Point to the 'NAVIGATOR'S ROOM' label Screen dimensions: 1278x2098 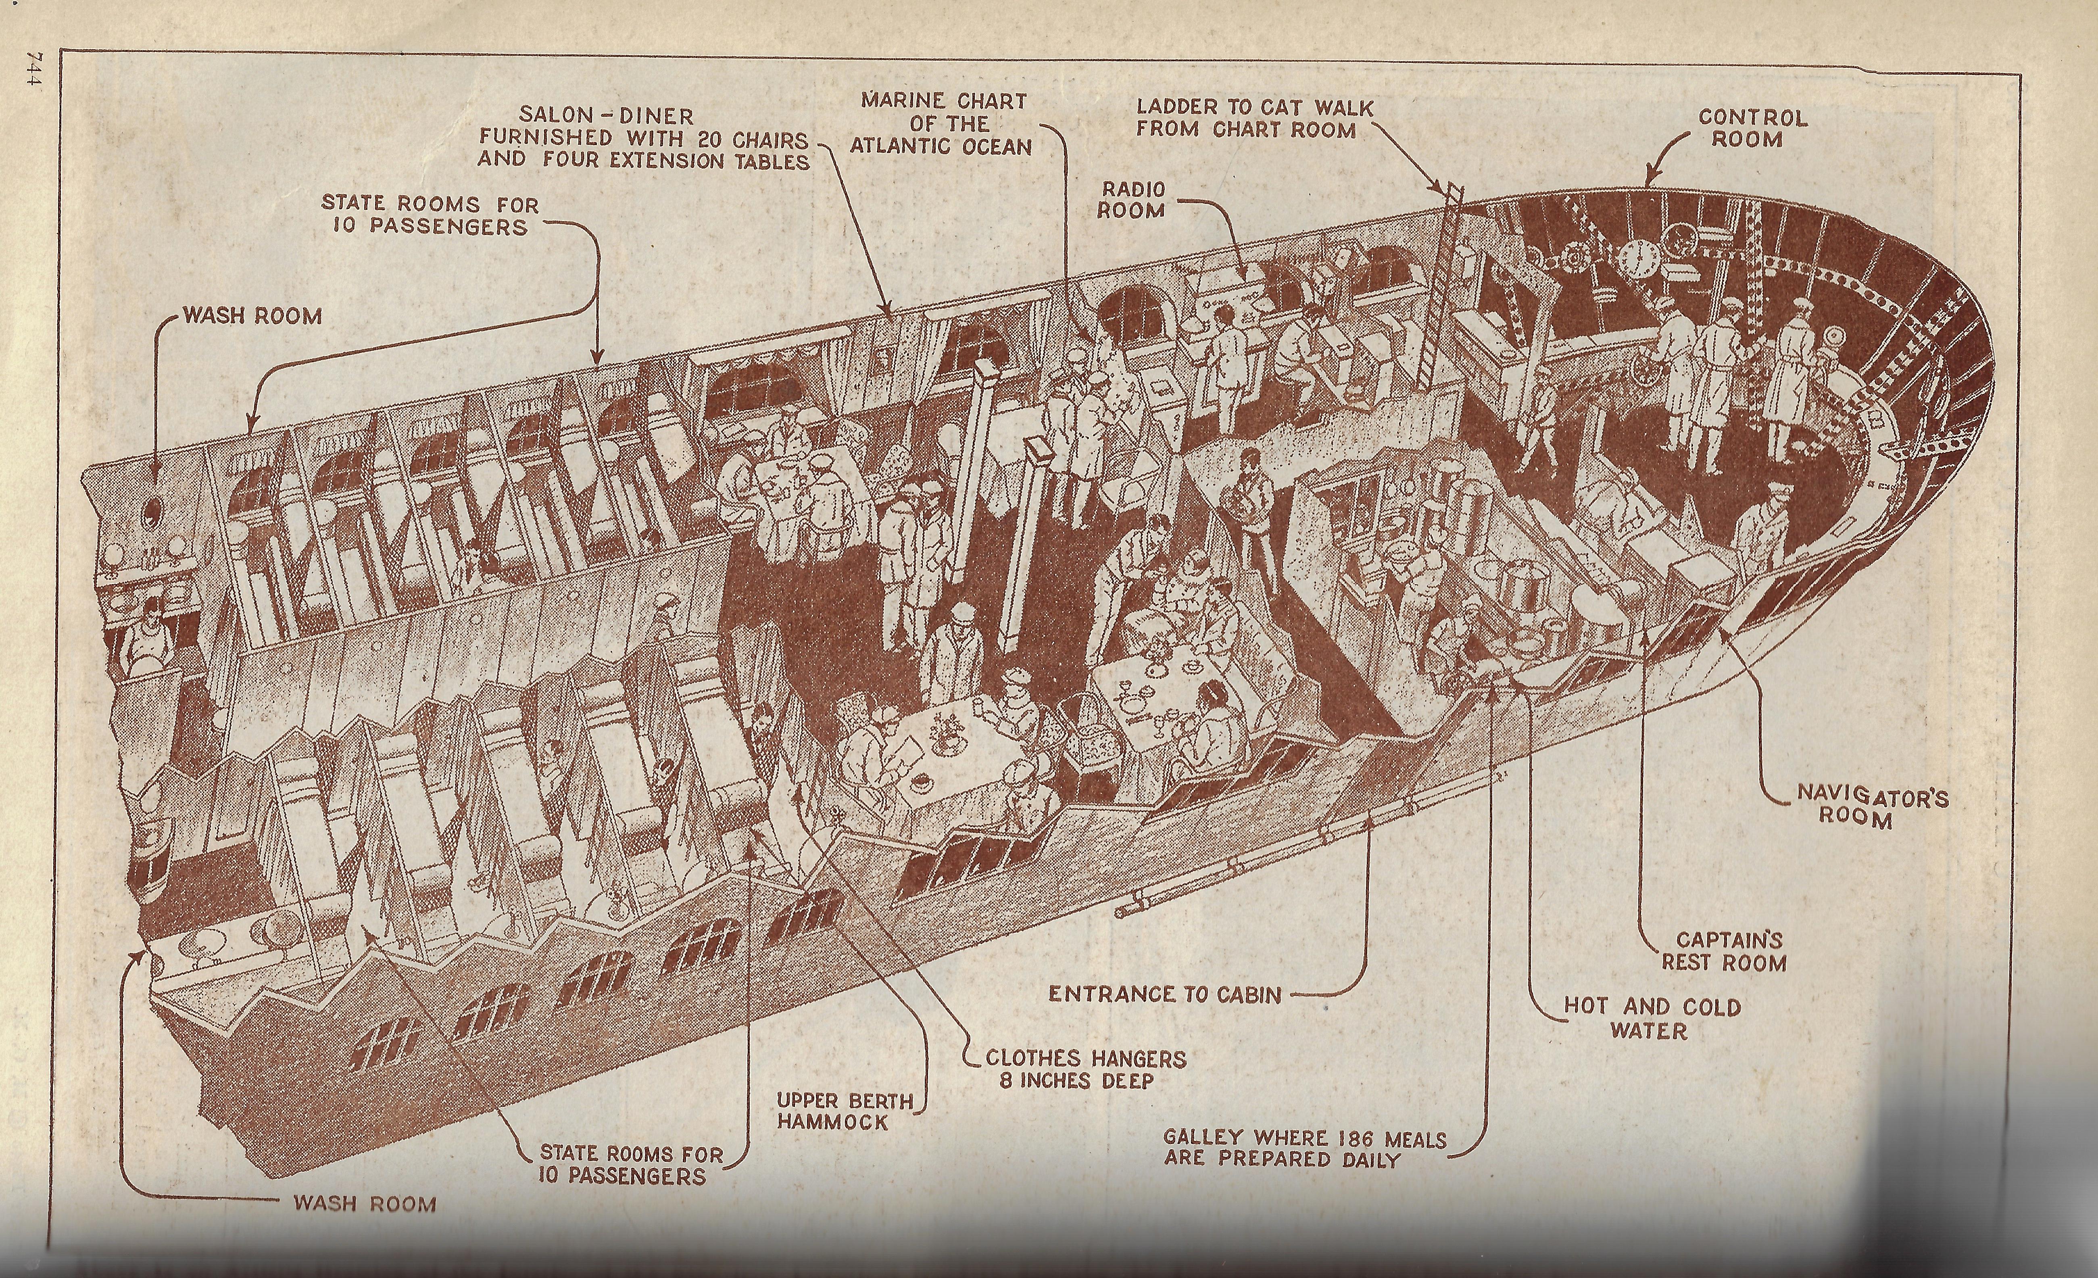click(x=1871, y=806)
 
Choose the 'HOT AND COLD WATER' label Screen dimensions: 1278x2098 click(x=1652, y=1018)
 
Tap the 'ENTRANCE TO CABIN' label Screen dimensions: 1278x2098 click(x=1164, y=994)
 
